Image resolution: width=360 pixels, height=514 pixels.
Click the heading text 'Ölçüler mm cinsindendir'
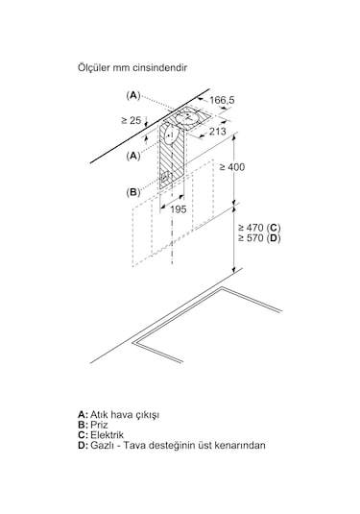click(x=132, y=68)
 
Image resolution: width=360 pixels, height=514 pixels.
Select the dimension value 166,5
click(x=222, y=100)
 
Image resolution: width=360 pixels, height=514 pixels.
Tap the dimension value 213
click(x=218, y=131)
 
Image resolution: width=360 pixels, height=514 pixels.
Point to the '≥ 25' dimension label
click(x=131, y=120)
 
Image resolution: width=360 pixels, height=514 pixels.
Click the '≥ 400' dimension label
click(x=232, y=167)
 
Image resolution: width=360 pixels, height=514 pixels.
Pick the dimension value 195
click(x=179, y=209)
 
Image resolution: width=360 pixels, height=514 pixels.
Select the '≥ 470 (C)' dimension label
click(x=259, y=228)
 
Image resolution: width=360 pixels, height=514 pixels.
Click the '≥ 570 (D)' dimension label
click(x=259, y=238)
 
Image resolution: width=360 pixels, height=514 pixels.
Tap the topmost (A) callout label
click(x=133, y=95)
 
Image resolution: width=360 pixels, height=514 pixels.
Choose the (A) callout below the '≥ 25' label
click(x=133, y=156)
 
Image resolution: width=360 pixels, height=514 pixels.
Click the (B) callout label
click(x=133, y=192)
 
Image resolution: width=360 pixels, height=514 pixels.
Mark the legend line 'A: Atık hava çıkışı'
click(x=119, y=415)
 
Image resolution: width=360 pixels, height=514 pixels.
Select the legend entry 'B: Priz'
click(x=93, y=425)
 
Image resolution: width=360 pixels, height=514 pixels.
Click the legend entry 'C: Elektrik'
click(x=101, y=435)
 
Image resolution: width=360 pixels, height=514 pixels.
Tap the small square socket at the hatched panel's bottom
click(x=166, y=178)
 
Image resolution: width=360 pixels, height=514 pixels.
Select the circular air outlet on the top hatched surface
click(x=186, y=117)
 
